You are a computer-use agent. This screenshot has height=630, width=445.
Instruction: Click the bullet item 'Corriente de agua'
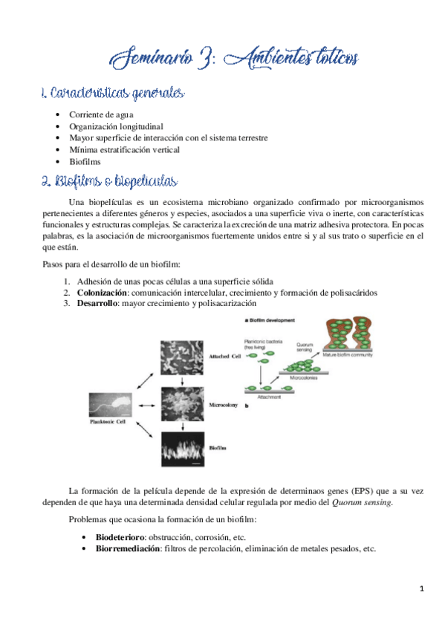[x=101, y=116]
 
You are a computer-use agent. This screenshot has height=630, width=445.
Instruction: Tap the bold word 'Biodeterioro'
[x=120, y=537]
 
